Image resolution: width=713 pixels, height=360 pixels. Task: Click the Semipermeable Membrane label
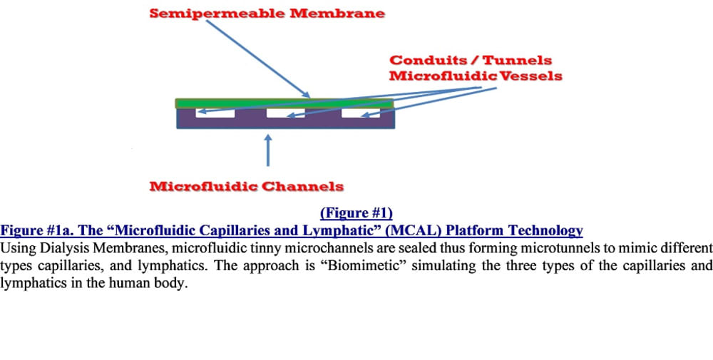[x=267, y=14]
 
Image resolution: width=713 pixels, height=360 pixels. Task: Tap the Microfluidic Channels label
[x=246, y=187]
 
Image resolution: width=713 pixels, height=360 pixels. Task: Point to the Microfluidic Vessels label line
[x=475, y=76]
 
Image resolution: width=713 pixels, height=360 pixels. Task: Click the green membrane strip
[x=284, y=103]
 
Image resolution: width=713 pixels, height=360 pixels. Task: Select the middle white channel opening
[x=284, y=113]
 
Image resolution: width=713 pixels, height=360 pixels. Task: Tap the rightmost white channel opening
[x=359, y=113]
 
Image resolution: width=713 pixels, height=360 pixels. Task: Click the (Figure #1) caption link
[x=356, y=213]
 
